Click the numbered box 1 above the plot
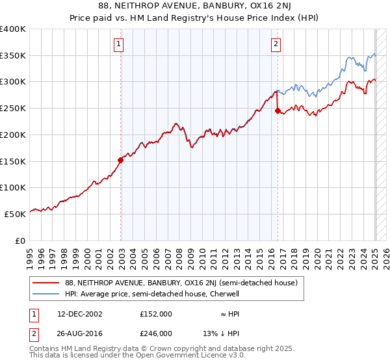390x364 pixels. coord(120,44)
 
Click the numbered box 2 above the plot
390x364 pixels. coord(276,44)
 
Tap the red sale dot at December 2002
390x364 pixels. coord(120,159)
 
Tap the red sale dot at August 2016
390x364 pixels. coord(278,110)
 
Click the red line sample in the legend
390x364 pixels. coord(45,283)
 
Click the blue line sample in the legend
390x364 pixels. coord(45,294)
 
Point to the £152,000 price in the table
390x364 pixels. coord(155,313)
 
